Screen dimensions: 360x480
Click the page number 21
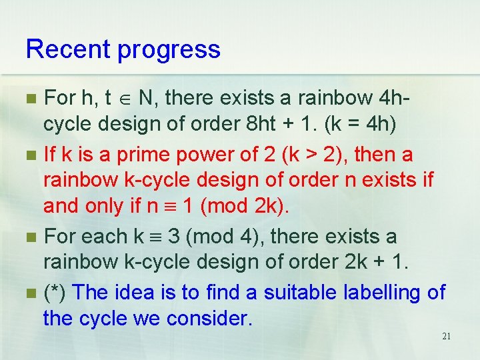[x=446, y=336]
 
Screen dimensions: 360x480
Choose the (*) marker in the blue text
[x=56, y=292]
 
